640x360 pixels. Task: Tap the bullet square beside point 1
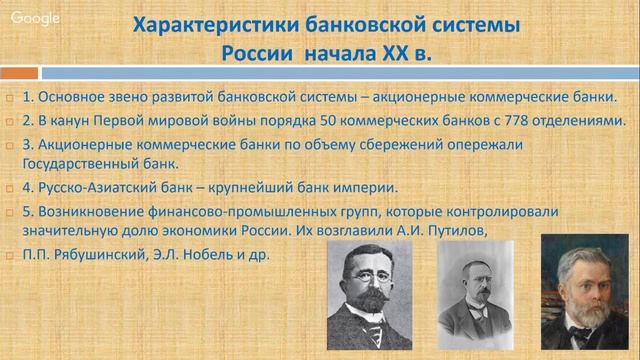(9, 99)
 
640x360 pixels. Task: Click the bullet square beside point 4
(9, 188)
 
